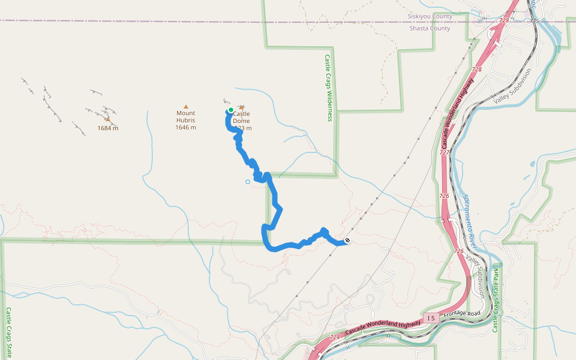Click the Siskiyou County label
(x=430, y=16)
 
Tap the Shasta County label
(x=430, y=28)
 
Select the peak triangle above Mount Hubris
(x=185, y=106)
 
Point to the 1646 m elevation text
(x=185, y=128)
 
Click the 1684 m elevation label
(x=108, y=128)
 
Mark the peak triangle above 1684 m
(x=108, y=119)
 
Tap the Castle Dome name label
(x=241, y=117)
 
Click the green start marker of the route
(x=230, y=110)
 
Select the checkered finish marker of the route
(x=347, y=241)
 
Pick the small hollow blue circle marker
(x=247, y=182)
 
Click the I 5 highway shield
(x=430, y=317)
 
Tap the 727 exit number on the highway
(x=444, y=152)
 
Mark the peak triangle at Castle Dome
(x=242, y=107)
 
